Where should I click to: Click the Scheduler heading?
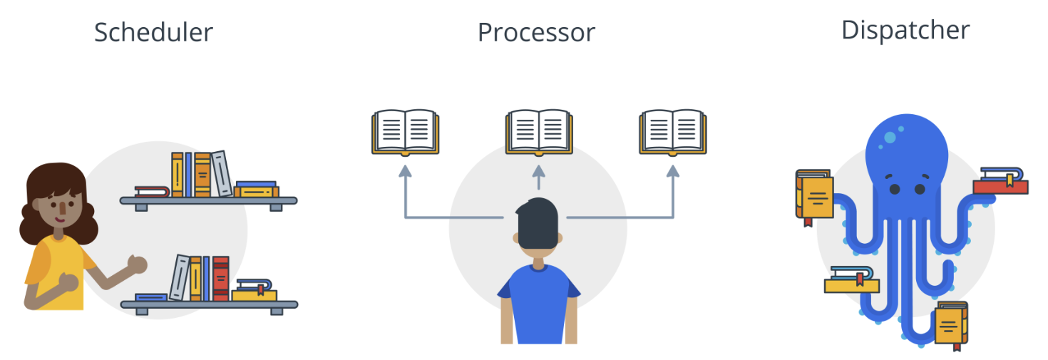click(x=153, y=32)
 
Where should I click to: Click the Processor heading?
click(x=536, y=33)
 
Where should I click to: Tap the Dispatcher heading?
click(x=905, y=30)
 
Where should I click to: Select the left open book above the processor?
click(x=405, y=132)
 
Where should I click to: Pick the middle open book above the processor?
click(x=538, y=132)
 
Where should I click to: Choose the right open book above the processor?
click(x=672, y=132)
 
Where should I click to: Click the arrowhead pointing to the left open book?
click(x=405, y=170)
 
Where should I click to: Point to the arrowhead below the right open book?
click(x=672, y=170)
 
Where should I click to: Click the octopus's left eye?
click(x=893, y=188)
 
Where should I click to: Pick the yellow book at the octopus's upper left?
click(x=815, y=196)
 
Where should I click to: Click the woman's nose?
click(x=63, y=207)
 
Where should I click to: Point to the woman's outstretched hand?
click(x=137, y=264)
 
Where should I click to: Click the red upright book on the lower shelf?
click(x=221, y=278)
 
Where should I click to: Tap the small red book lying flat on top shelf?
click(x=152, y=191)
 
